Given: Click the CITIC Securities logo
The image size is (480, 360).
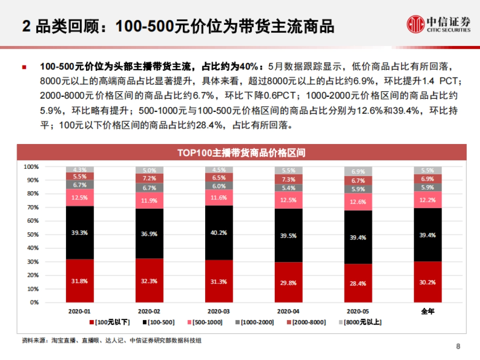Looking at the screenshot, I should (438, 24).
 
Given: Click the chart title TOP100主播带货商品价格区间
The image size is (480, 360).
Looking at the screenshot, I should (242, 153).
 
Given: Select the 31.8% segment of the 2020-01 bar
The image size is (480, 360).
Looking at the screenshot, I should (80, 281).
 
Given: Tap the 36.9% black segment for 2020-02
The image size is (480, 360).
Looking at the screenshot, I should (149, 234).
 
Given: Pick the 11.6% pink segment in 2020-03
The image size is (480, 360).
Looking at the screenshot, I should (219, 198).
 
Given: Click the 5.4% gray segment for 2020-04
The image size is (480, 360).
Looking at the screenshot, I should (288, 188).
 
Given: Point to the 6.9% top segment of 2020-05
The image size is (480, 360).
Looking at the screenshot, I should (358, 172).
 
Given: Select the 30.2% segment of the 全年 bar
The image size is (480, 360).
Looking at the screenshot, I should (428, 282).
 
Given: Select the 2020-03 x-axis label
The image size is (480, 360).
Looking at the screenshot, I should (219, 311).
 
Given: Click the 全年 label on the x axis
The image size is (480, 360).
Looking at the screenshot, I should (428, 311).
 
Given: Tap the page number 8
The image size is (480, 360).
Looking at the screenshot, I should (458, 346).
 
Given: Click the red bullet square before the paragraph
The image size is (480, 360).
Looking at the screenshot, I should (25, 67).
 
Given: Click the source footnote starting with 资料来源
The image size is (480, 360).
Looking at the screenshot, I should (112, 340).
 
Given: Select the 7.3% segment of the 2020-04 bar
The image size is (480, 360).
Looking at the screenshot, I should (288, 180).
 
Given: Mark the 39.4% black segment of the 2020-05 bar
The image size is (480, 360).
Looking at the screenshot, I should (358, 237).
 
